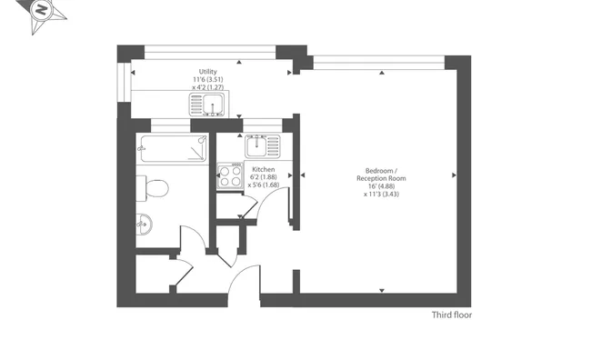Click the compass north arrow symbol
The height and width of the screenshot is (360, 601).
(42, 14)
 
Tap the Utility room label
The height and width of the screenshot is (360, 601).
(207, 71)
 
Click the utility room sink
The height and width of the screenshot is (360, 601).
(207, 105)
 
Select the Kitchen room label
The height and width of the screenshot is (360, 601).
(264, 169)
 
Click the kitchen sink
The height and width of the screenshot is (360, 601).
(263, 146)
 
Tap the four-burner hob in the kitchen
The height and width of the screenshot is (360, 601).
(230, 175)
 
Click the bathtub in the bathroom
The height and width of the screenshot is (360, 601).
(174, 149)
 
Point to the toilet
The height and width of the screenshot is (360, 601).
(153, 188)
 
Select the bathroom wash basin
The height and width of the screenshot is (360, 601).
(145, 224)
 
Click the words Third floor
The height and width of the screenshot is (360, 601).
(452, 315)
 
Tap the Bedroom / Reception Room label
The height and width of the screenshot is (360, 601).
(381, 175)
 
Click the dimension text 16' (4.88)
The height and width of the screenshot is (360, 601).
(381, 186)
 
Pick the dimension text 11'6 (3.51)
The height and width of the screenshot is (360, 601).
(207, 79)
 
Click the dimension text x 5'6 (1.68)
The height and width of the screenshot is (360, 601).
(264, 185)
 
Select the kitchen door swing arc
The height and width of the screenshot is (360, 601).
(269, 196)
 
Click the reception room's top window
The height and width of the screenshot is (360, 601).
(379, 63)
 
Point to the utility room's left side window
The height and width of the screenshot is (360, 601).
(125, 83)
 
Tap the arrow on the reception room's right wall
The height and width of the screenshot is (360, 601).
(455, 175)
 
